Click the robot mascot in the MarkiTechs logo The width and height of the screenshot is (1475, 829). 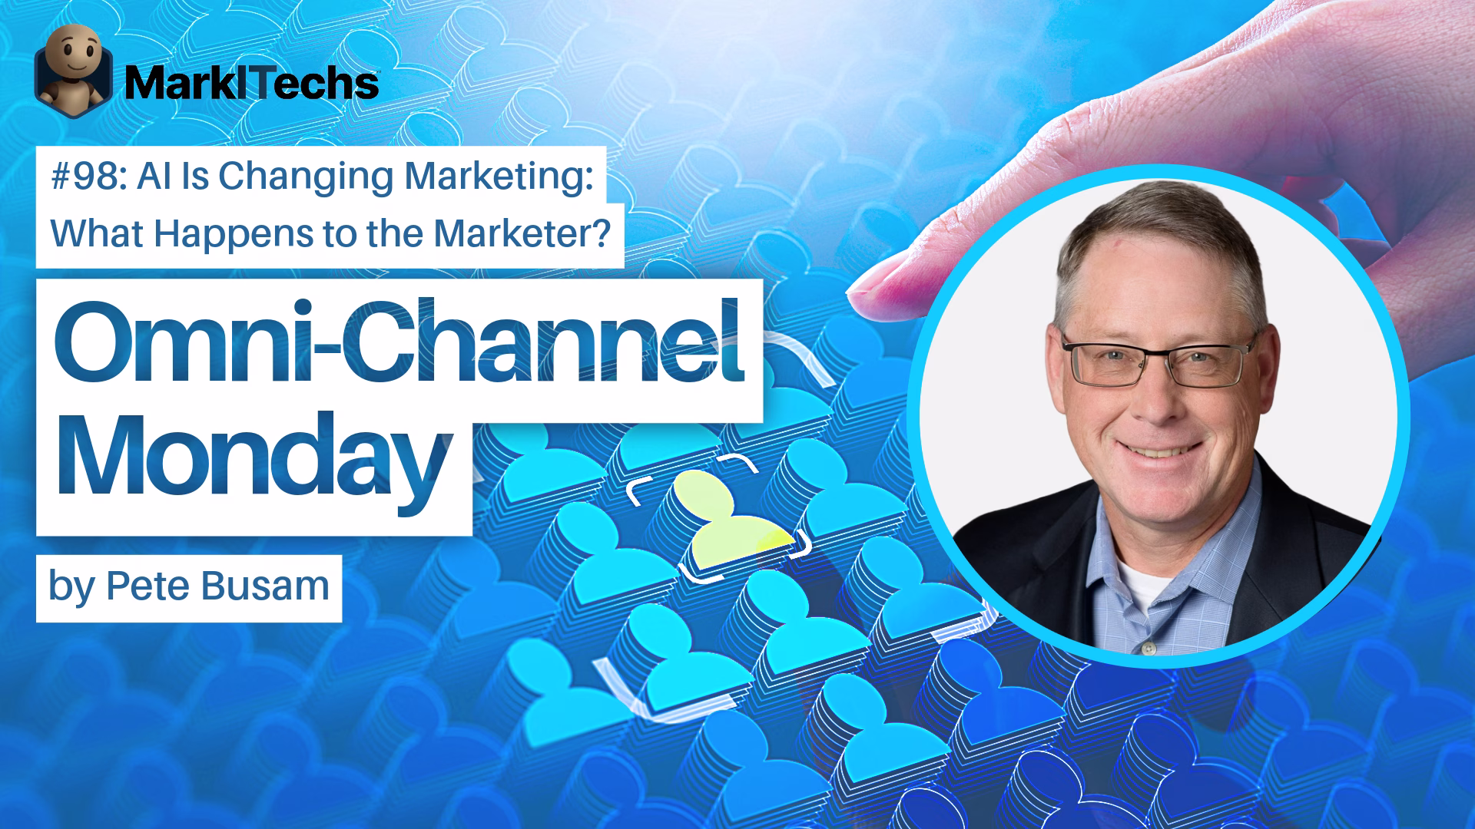coord(74,67)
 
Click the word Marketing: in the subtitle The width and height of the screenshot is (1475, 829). coord(499,178)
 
